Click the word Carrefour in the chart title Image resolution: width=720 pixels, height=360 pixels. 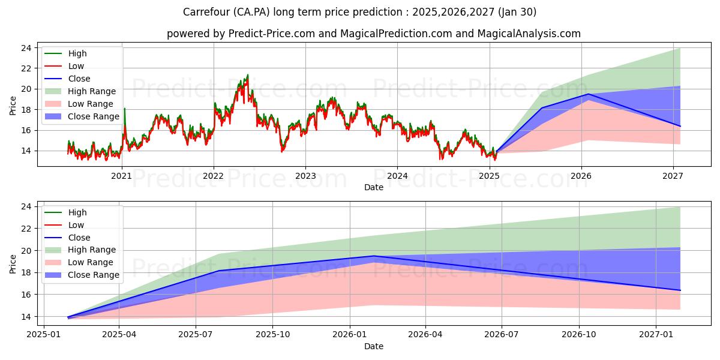coord(205,12)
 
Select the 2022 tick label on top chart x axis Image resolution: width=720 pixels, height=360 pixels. coord(214,175)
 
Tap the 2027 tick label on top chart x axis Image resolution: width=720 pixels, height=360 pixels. coord(673,175)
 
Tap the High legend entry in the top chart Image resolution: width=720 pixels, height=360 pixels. coord(77,53)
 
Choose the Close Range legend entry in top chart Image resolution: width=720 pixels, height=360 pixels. coord(93,116)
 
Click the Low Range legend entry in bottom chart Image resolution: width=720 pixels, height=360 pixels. coord(90,262)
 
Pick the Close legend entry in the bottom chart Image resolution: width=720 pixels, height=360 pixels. coord(79,237)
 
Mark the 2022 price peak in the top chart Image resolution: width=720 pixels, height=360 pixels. coord(247,76)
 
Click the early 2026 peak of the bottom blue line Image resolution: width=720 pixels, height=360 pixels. coord(374,256)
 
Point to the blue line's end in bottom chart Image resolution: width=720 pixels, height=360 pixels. coord(680,290)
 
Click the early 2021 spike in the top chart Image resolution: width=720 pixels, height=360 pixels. coord(124,109)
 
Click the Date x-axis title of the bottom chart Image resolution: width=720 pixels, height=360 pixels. coord(373,346)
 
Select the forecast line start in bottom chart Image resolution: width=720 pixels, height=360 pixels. coord(68,317)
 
